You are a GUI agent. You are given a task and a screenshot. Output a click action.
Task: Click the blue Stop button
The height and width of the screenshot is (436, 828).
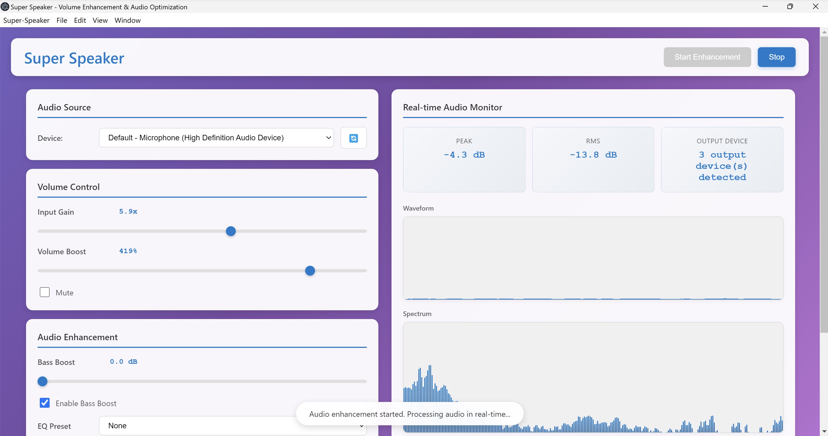pos(776,57)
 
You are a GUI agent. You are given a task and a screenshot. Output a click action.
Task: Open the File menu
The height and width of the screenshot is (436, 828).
pos(62,20)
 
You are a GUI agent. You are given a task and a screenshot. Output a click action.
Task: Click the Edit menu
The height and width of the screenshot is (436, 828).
pos(80,20)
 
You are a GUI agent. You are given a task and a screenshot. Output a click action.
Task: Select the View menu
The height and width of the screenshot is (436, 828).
pos(100,20)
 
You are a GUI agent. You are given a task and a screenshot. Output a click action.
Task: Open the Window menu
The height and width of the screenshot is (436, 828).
pos(127,20)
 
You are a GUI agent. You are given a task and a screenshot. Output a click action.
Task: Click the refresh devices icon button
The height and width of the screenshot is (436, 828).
pos(353,138)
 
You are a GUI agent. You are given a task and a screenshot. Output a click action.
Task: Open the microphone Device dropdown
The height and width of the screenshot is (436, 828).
pos(216,138)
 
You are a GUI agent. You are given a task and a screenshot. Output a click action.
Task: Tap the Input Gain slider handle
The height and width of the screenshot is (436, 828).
pos(231,231)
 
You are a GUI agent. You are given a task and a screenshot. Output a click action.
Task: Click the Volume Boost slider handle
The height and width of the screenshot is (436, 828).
pos(310,271)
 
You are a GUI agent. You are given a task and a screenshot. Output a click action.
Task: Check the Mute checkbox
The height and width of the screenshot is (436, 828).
pos(45,292)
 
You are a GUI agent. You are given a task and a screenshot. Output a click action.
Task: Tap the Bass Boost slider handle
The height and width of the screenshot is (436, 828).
pos(42,381)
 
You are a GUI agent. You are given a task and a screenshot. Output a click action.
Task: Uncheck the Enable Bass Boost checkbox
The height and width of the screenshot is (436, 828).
pos(45,403)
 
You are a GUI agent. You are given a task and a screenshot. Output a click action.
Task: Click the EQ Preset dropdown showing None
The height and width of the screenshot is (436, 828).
pos(199,425)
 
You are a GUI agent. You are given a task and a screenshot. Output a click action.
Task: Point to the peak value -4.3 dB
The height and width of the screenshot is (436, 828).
pos(464,155)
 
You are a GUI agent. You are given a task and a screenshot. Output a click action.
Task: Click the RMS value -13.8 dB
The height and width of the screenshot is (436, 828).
pos(593,155)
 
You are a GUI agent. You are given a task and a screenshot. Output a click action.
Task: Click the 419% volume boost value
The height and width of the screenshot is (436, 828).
pos(128,251)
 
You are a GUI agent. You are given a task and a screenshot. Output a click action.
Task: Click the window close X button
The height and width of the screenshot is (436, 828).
pos(815,6)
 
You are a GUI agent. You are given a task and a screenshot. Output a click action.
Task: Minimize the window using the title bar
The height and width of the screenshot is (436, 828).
pos(765,6)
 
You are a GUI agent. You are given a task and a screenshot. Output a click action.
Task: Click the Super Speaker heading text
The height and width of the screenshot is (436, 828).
pos(74,58)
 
